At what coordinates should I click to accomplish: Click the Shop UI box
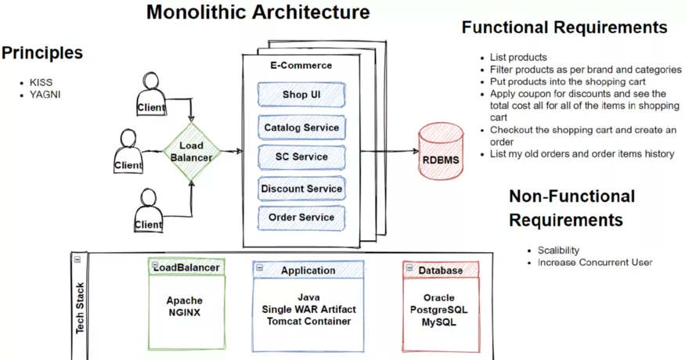click(x=301, y=95)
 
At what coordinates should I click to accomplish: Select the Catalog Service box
click(x=301, y=127)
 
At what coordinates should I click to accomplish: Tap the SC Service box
click(x=301, y=157)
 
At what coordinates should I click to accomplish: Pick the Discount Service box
click(x=301, y=189)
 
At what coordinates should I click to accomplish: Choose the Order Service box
click(x=301, y=217)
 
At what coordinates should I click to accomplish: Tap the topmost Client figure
click(x=152, y=92)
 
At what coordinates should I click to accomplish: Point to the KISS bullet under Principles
click(x=41, y=81)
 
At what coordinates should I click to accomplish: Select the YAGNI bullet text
click(x=45, y=95)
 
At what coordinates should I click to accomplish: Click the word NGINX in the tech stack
click(x=184, y=312)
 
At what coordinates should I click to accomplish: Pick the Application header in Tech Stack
click(x=308, y=270)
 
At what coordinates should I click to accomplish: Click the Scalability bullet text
click(x=558, y=250)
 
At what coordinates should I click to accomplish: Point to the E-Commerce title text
click(x=301, y=66)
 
